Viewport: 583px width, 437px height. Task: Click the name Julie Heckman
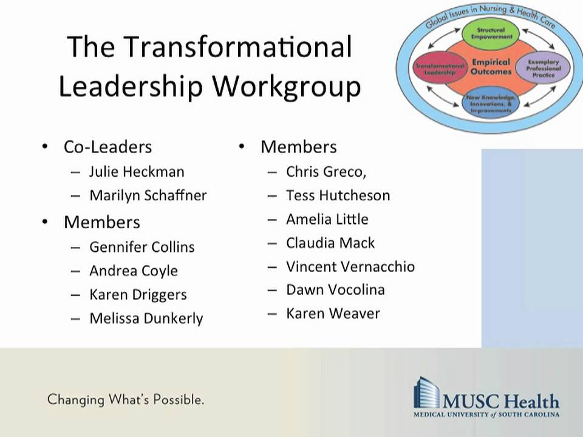[x=136, y=172]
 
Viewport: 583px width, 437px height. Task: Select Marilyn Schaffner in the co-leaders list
[x=148, y=195]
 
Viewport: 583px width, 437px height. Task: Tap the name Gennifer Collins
[x=141, y=247]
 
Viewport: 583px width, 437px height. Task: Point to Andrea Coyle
[x=133, y=271]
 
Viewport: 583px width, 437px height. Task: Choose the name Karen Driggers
[x=138, y=294]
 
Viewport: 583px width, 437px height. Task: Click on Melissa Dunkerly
[x=146, y=318]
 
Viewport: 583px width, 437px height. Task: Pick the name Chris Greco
[x=326, y=172]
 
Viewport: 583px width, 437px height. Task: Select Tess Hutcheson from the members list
[x=338, y=195]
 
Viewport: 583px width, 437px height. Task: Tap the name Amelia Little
[x=327, y=219]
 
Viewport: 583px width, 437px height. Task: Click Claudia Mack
[x=330, y=243]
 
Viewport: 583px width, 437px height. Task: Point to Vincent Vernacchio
[x=350, y=266]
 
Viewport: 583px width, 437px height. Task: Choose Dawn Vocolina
[x=335, y=290]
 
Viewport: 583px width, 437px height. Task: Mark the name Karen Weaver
[x=333, y=313]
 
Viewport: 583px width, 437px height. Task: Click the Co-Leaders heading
[x=107, y=147]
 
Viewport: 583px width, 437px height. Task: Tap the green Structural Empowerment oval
[x=491, y=33]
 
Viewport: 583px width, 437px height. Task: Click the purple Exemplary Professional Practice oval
[x=542, y=67]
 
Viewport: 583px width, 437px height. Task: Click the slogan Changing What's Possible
[x=125, y=399]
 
